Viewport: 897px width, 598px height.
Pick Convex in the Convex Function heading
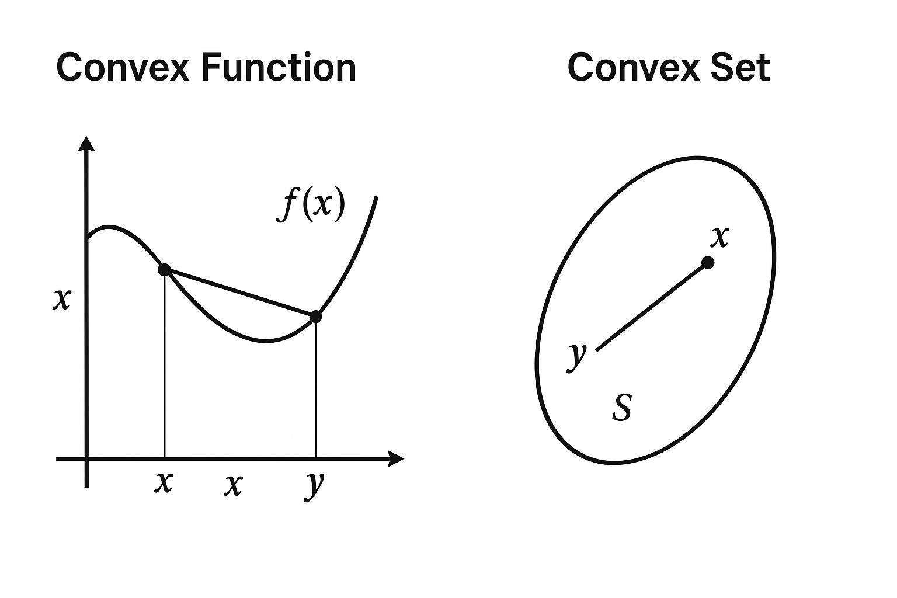click(123, 67)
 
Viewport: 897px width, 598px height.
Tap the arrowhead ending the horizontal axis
click(396, 459)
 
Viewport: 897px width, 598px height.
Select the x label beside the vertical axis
click(61, 300)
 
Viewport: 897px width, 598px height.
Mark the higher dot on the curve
click(165, 269)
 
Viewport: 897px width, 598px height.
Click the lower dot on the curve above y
click(316, 317)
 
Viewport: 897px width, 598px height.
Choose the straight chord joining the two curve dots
click(239, 293)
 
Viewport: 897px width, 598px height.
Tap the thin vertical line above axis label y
click(316, 391)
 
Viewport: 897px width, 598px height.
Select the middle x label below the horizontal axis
click(233, 485)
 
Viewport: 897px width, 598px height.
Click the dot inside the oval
click(708, 262)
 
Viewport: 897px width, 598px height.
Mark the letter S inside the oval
click(622, 407)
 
